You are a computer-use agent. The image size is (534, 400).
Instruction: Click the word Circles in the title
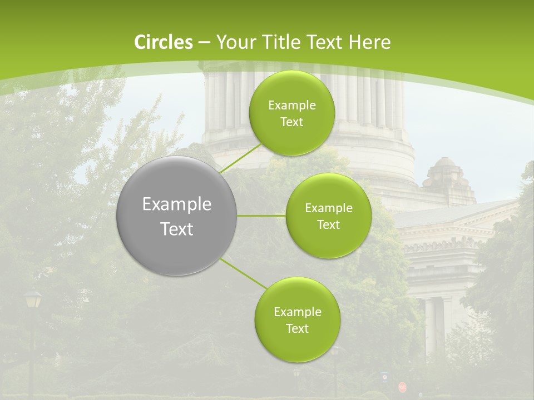[x=164, y=42]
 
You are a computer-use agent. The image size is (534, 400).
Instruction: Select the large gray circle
[x=177, y=216]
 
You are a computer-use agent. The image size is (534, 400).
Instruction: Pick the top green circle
[x=291, y=113]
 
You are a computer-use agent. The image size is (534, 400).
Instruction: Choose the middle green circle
[x=328, y=216]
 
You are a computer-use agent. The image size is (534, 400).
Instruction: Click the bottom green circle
[x=297, y=319]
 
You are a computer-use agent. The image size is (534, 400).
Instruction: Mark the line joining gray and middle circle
[x=261, y=216]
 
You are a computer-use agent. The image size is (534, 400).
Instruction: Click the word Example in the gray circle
[x=177, y=204]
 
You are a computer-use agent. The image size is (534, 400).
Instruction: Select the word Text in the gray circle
[x=177, y=229]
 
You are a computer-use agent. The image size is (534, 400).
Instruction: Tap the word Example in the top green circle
[x=291, y=106]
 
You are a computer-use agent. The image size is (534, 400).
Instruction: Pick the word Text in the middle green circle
[x=328, y=224]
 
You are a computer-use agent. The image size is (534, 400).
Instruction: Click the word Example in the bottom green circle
[x=297, y=312]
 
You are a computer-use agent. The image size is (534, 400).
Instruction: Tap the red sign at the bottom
[x=402, y=387]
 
